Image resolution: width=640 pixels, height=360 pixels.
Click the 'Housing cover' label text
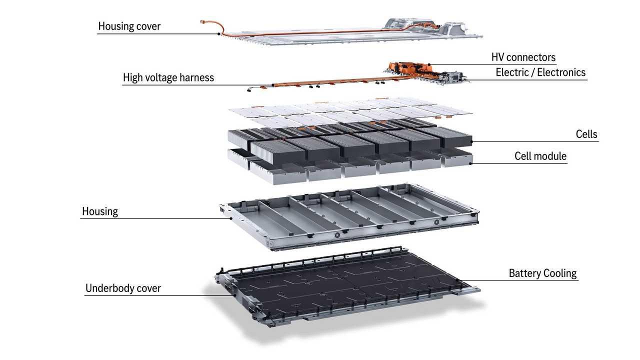(129, 26)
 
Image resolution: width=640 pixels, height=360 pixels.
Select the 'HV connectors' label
(523, 57)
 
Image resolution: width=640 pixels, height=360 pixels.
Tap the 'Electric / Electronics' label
(540, 72)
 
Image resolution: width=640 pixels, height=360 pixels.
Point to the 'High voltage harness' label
(168, 77)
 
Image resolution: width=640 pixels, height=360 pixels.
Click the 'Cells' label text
(586, 134)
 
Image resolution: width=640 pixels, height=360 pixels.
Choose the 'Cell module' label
(540, 156)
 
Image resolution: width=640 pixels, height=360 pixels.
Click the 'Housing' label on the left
(100, 211)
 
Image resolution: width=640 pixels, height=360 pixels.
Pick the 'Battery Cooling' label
(542, 273)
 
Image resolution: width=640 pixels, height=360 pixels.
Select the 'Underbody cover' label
(123, 288)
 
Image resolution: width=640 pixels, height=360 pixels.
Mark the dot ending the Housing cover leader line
(219, 33)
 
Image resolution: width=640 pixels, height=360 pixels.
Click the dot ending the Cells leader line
(471, 142)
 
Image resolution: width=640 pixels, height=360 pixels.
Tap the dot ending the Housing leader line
(230, 218)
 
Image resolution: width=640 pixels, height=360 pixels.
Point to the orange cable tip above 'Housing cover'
(202, 21)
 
